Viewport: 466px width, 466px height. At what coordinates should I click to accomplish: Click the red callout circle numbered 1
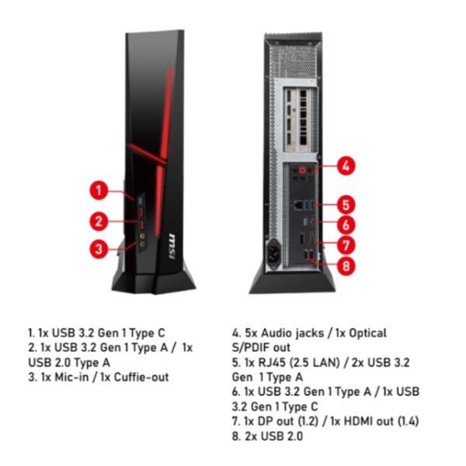(99, 190)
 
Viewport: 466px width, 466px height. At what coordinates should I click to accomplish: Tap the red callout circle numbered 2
(99, 221)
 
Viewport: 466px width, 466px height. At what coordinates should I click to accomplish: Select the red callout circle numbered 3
(99, 249)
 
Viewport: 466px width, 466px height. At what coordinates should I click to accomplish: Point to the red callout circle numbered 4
(346, 165)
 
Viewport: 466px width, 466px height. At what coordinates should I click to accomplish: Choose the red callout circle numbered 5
(346, 205)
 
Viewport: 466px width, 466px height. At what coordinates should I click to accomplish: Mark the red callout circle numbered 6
(346, 225)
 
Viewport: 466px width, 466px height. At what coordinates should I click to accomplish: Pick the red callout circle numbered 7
(346, 245)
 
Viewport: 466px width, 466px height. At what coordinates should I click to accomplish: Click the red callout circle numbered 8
(346, 266)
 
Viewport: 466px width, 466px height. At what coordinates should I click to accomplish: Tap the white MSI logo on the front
(172, 246)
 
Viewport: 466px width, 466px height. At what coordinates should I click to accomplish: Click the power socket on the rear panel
(274, 254)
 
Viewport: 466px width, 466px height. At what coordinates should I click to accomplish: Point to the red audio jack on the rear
(303, 170)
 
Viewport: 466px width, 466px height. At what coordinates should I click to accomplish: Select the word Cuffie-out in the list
(141, 377)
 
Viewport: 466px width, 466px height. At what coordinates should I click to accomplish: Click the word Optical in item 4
(367, 333)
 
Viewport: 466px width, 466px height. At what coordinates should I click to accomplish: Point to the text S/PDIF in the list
(251, 348)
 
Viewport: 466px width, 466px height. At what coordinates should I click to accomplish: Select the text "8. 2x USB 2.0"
(267, 436)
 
